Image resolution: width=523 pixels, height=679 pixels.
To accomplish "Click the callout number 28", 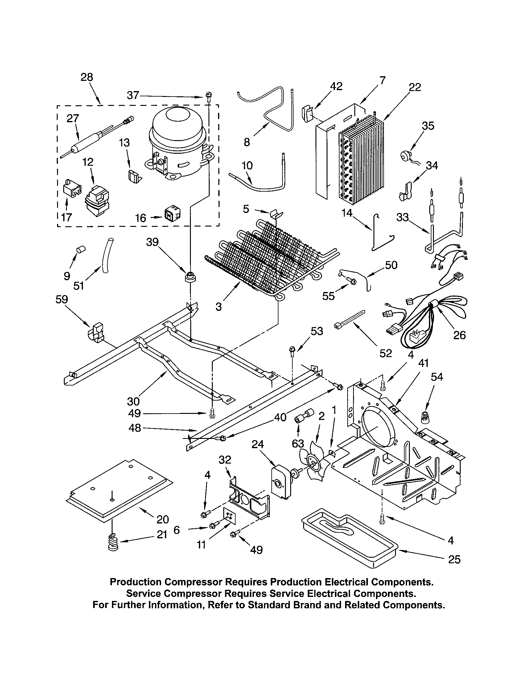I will [x=87, y=77].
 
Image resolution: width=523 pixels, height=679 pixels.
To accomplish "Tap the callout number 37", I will [x=133, y=95].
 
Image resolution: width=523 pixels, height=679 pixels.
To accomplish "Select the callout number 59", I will [x=61, y=299].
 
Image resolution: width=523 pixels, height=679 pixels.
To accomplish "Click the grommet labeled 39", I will [x=190, y=277].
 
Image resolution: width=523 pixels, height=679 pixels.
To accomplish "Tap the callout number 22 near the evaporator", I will [x=415, y=87].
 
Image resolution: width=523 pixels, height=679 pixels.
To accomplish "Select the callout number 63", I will [x=298, y=443].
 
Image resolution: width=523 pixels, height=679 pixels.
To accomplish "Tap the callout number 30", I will [x=133, y=401].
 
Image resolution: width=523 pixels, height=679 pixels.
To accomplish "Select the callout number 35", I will [x=428, y=126].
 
